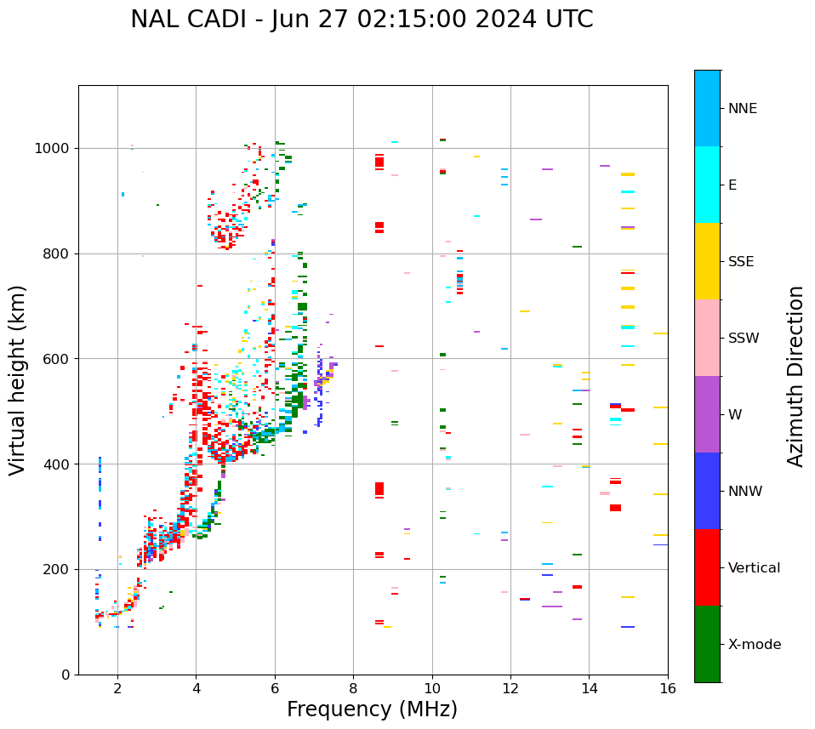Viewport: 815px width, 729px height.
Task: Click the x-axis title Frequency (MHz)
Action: click(372, 709)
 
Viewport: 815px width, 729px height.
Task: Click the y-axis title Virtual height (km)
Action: click(18, 380)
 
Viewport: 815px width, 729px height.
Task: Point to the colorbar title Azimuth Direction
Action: click(795, 376)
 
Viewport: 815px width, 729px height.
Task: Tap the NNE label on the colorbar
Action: click(742, 109)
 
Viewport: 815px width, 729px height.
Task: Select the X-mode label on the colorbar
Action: click(754, 645)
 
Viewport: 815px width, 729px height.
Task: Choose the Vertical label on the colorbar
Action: click(754, 568)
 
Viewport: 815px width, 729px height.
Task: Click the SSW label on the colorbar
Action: click(744, 339)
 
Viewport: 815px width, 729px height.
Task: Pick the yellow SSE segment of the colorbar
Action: click(707, 261)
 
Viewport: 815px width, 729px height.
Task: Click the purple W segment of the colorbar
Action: click(707, 414)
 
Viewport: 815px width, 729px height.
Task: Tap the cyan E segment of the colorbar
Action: click(707, 185)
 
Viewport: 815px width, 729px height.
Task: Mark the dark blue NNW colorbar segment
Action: click(707, 491)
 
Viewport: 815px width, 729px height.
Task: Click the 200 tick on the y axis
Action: click(58, 569)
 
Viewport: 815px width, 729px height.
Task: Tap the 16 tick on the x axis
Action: click(668, 689)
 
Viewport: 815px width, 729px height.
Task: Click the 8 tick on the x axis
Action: click(353, 689)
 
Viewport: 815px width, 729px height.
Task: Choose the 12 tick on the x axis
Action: click(510, 689)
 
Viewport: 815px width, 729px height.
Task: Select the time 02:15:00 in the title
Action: click(402, 20)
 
